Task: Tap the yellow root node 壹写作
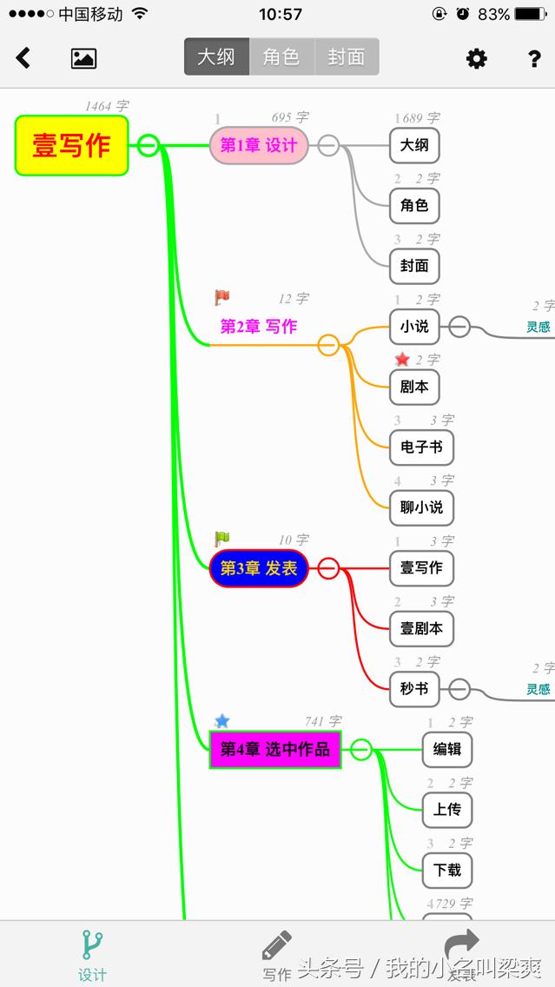point(71,145)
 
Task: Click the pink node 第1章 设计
point(259,145)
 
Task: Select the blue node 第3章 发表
point(259,568)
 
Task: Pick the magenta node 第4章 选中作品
point(275,749)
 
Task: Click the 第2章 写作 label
point(259,327)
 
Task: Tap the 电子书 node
point(421,447)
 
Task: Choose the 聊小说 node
point(421,507)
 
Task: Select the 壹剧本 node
point(421,628)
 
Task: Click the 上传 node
point(447,809)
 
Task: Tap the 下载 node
point(447,869)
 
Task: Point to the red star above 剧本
point(402,359)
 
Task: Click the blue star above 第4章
point(222,720)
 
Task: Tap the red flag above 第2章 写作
point(222,297)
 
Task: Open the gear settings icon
point(477,58)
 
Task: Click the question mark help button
point(535,58)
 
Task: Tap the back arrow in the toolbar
point(23,58)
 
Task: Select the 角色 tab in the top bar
point(281,57)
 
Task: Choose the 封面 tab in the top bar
point(347,57)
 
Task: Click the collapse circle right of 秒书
point(459,689)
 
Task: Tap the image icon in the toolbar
point(83,58)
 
